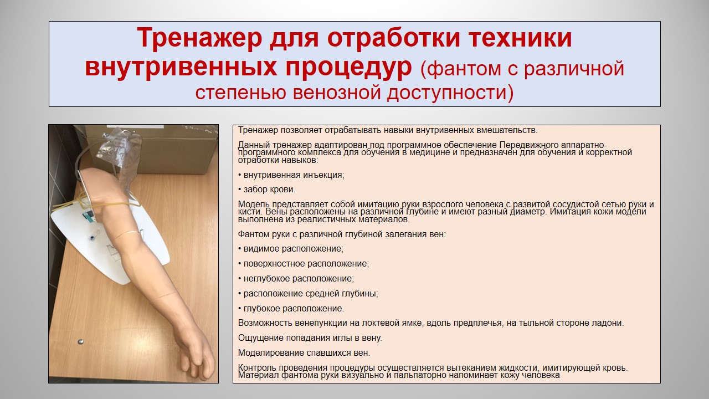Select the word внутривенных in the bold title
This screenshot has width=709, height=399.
[181, 68]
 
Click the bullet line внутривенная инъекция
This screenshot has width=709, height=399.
[291, 175]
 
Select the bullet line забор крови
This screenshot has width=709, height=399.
[266, 190]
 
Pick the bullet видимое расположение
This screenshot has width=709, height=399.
[291, 249]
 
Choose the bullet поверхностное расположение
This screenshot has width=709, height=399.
[304, 264]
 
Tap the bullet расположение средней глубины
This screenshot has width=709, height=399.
[308, 294]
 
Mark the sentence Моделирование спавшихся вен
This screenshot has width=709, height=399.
[304, 353]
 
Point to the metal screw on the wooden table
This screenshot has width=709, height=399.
[81, 342]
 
